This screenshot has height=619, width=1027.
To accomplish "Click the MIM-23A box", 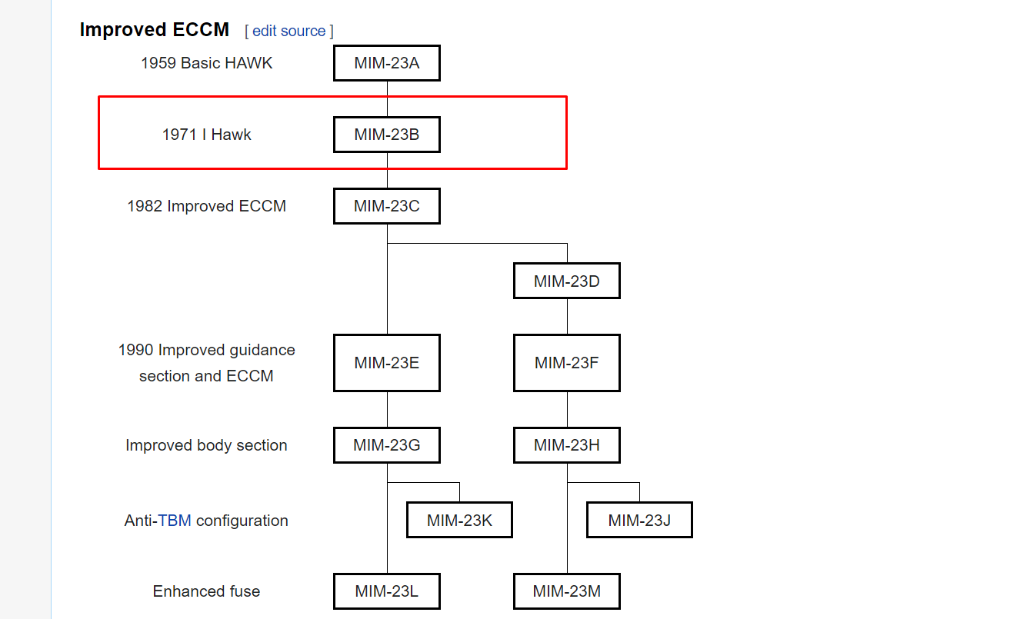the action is click(386, 63).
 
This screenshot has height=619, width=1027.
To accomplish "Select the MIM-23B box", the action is click(386, 135).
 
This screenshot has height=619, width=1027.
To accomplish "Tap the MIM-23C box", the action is click(386, 206).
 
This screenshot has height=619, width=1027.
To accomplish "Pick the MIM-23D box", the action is click(567, 281).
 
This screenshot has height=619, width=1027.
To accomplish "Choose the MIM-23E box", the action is click(386, 363).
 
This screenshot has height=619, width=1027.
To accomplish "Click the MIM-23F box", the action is click(567, 363).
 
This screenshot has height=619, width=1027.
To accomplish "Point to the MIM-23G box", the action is click(386, 445).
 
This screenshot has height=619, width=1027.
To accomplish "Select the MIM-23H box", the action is click(567, 445).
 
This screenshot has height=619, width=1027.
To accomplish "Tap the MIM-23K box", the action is click(459, 520).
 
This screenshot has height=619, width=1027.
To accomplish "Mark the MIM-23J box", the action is click(639, 520).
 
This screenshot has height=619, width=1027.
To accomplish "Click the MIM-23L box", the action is click(386, 591).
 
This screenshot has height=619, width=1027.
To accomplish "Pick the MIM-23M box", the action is click(567, 591).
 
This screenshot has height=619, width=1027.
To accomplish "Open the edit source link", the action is click(288, 32).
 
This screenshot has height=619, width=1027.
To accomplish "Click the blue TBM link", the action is click(174, 521).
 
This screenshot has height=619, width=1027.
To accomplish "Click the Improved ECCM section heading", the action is click(155, 30).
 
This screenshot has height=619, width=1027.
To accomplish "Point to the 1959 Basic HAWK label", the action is click(206, 63).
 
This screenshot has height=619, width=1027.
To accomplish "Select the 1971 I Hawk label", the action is click(206, 135).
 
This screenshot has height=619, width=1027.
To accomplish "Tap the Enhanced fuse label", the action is click(206, 591).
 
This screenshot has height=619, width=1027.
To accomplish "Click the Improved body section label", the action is click(206, 445).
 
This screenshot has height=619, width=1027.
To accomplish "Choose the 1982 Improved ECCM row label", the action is click(206, 206).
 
